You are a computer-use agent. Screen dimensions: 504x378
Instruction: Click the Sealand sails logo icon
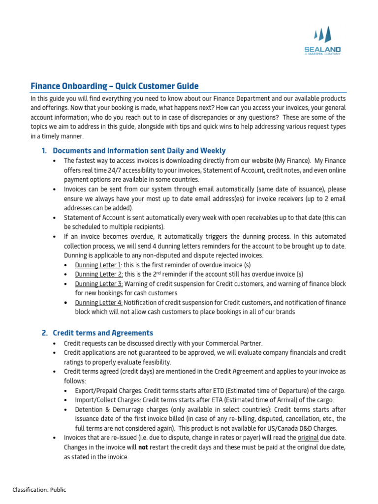tap(322, 34)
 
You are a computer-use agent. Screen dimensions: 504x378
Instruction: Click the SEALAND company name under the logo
tap(322, 49)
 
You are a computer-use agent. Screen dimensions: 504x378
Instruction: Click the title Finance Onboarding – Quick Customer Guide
tap(115, 86)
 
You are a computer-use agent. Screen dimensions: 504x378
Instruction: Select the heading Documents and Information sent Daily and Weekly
tap(139, 151)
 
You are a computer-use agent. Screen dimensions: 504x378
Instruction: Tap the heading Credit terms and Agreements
tap(103, 333)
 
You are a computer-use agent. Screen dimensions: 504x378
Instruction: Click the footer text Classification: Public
tap(39, 489)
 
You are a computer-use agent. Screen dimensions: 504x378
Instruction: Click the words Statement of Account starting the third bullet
tap(94, 218)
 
